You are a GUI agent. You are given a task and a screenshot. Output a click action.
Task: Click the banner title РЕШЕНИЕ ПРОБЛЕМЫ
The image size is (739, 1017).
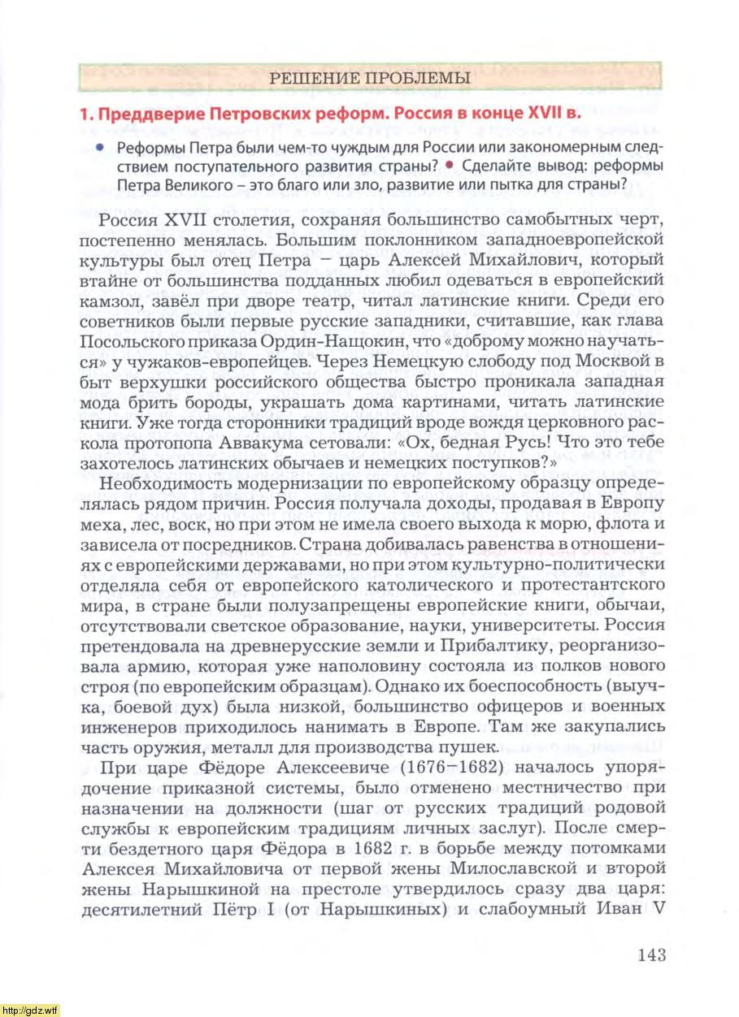point(369,79)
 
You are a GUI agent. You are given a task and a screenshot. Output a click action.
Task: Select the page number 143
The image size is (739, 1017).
point(652,954)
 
